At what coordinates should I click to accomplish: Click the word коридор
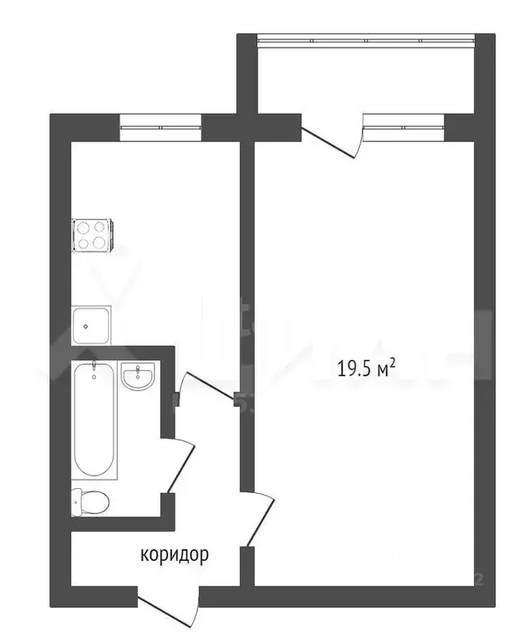[174, 554]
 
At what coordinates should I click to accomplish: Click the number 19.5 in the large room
[354, 369]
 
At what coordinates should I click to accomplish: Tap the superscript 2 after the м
[391, 362]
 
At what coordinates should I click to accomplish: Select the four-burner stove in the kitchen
[93, 235]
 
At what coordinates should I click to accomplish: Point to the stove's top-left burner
[84, 226]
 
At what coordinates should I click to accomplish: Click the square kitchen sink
[90, 324]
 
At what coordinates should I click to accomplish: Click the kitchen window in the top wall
[160, 127]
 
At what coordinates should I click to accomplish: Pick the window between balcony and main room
[404, 127]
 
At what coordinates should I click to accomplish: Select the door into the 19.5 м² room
[257, 518]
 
